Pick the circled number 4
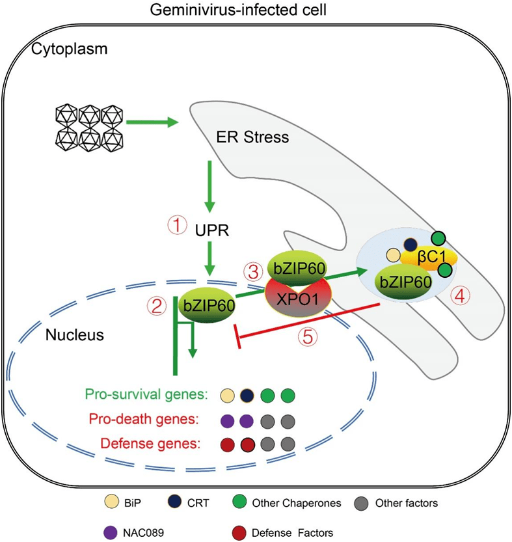(461, 296)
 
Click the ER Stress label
(253, 137)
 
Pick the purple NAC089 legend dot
(110, 532)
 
